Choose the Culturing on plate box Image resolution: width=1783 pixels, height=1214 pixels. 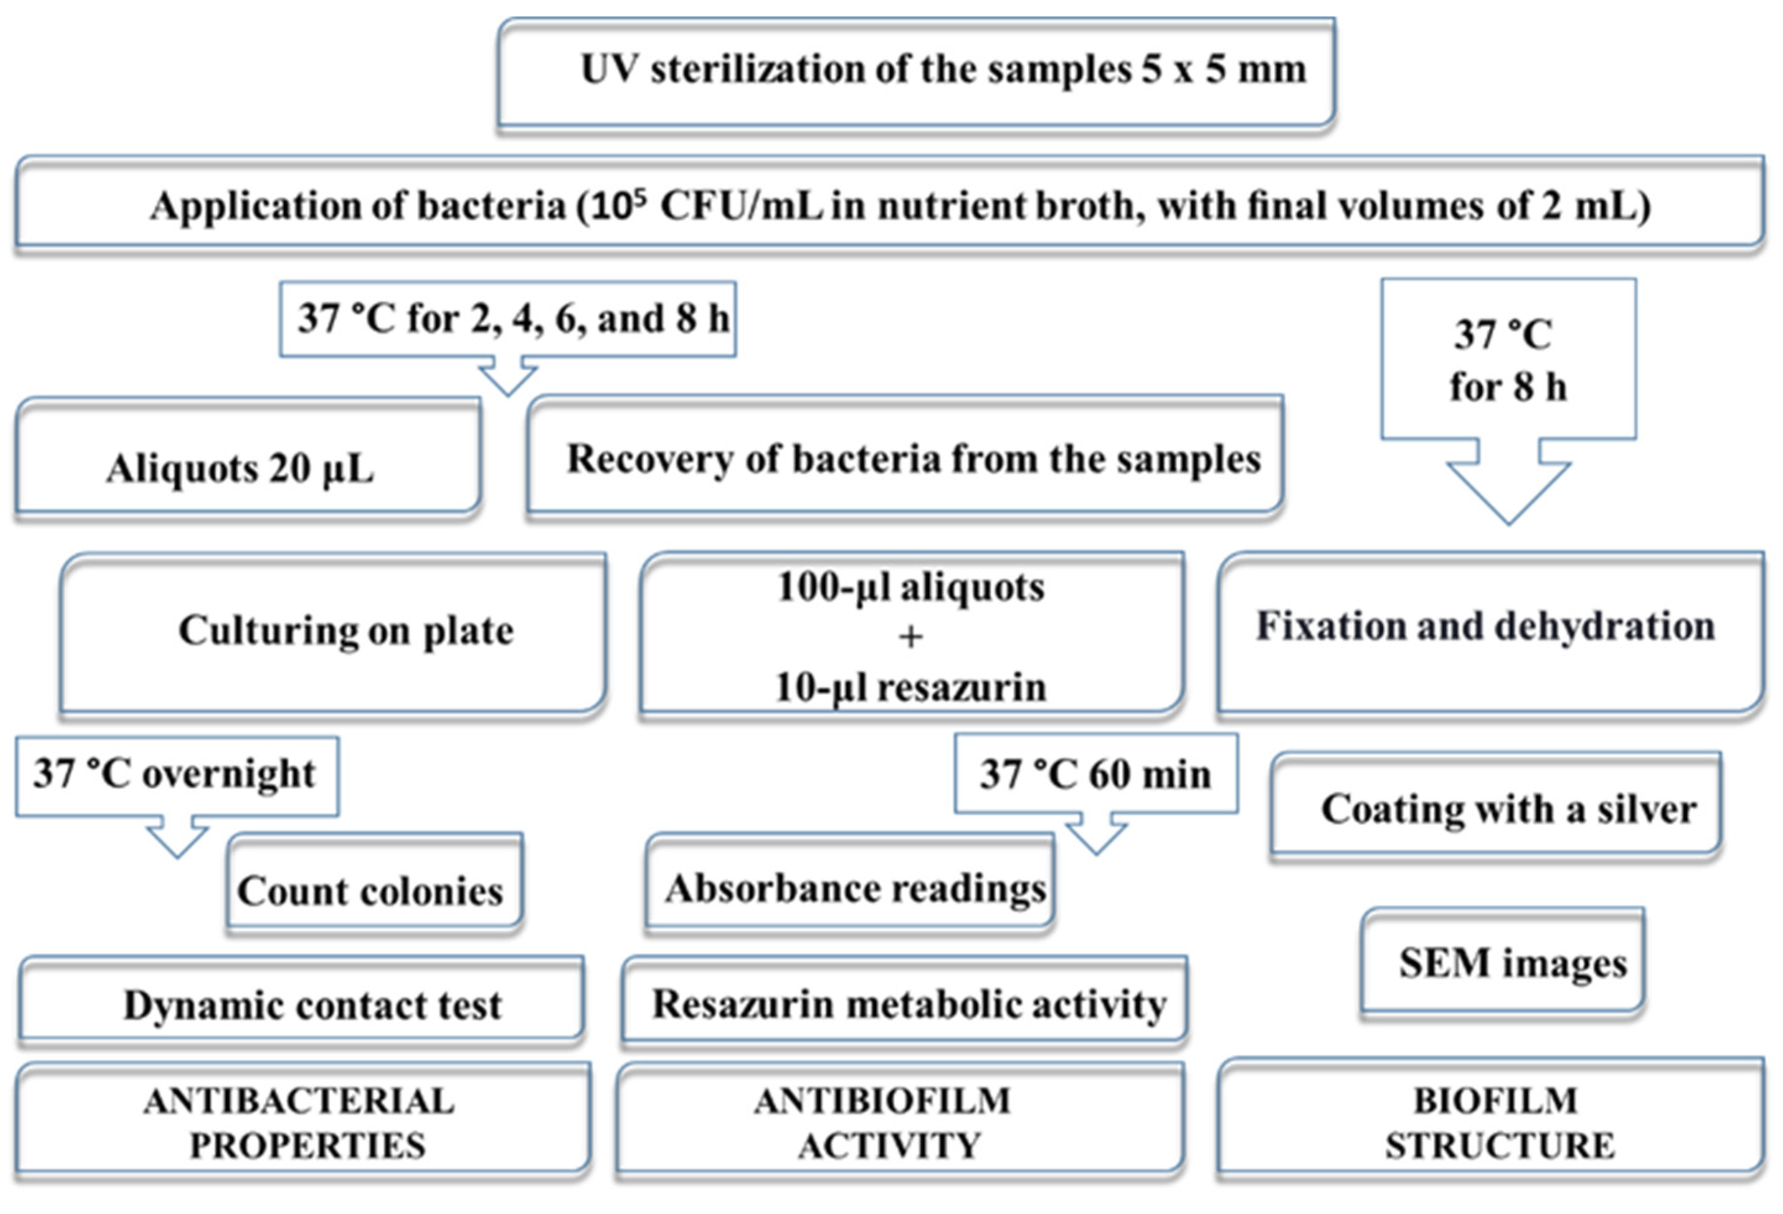click(334, 633)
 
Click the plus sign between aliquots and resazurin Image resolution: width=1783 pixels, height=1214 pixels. click(911, 637)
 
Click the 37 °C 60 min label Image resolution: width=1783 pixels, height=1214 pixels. click(1096, 773)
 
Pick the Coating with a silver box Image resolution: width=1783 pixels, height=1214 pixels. click(1496, 807)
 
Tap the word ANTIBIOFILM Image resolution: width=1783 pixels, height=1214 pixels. click(883, 1102)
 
